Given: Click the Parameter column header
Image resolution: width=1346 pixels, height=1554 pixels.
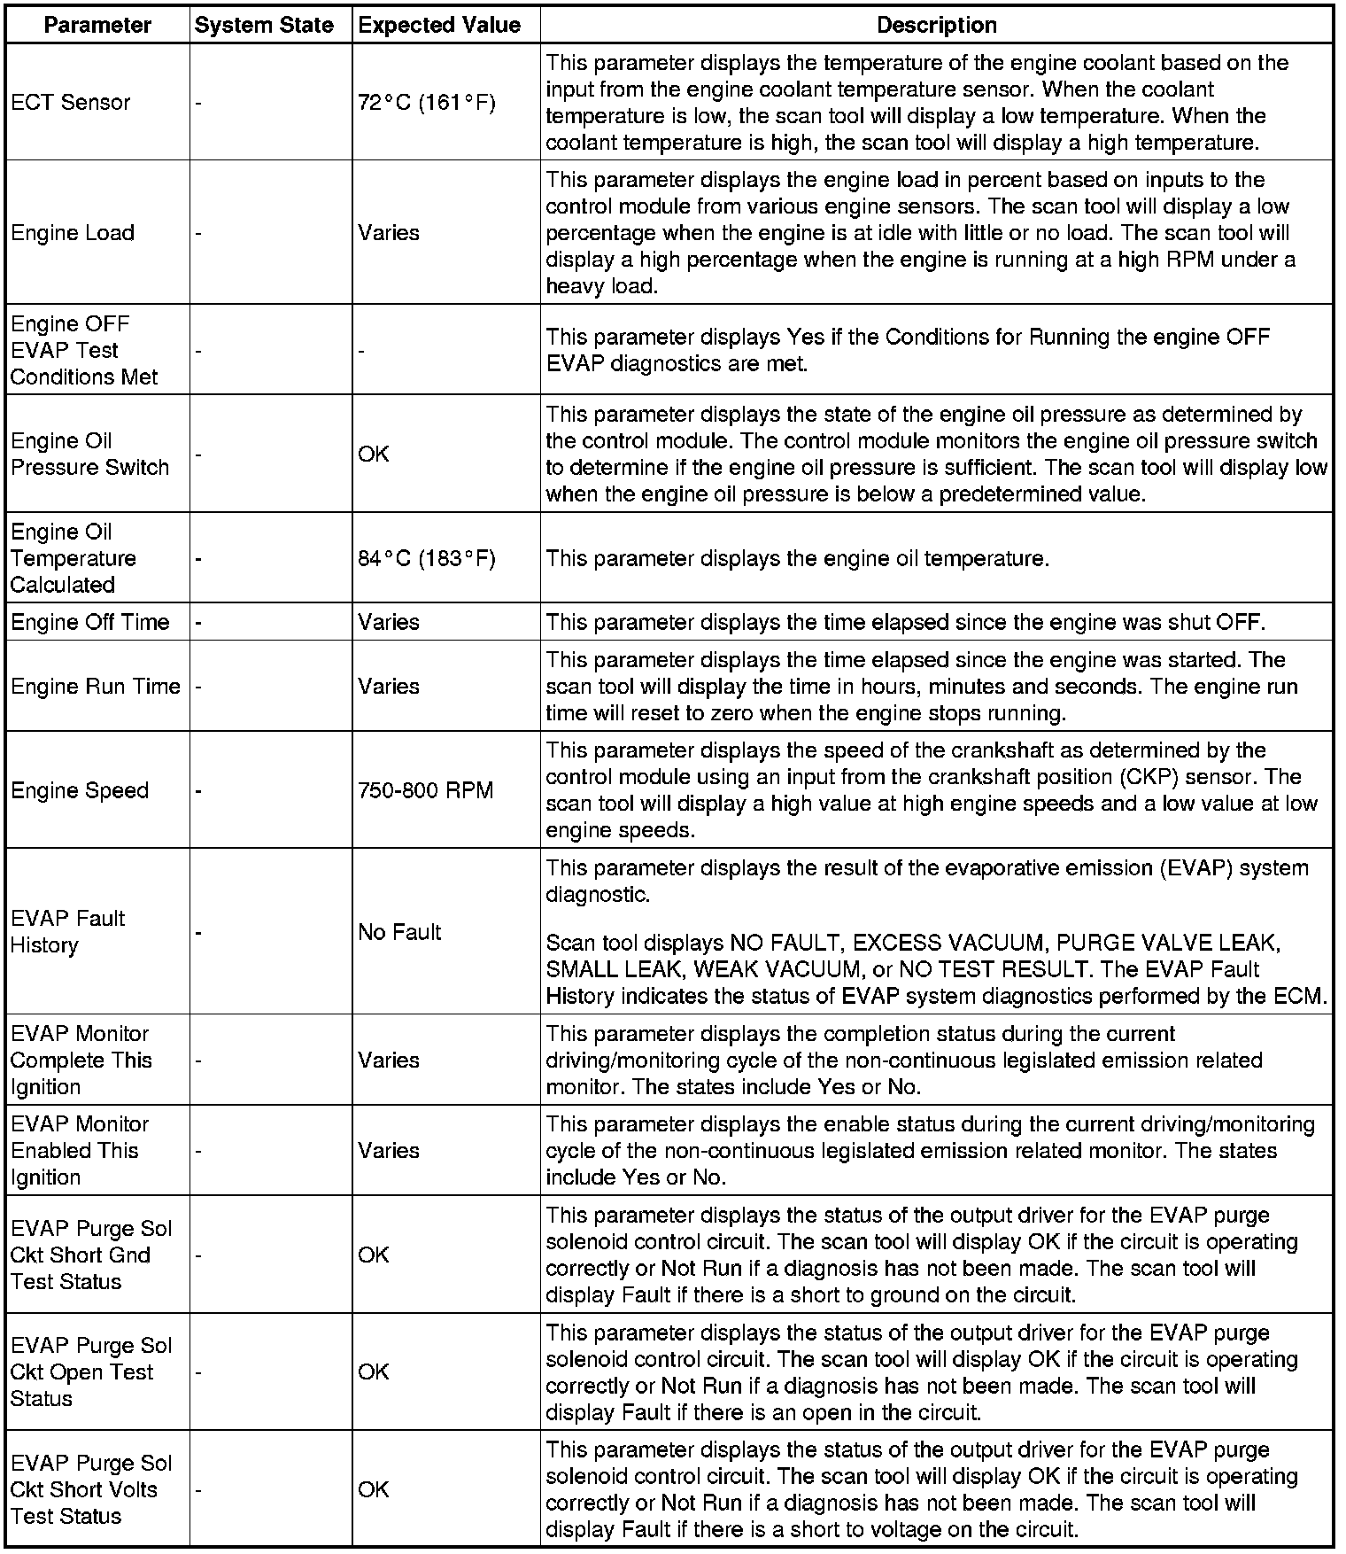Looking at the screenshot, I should tap(97, 26).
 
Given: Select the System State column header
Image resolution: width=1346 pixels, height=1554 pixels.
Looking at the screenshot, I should tap(264, 26).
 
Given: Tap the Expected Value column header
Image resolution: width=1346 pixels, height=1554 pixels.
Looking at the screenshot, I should tap(439, 26).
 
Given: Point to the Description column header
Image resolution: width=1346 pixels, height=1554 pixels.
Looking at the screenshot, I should tap(936, 26).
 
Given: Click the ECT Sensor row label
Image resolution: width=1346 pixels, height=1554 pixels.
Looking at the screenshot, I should tap(71, 103).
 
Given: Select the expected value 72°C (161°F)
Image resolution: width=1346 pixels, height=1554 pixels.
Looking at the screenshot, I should tap(427, 103).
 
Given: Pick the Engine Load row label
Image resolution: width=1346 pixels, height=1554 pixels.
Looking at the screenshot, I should tap(73, 233).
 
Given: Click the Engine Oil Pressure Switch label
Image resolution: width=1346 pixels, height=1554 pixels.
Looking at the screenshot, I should tap(89, 455).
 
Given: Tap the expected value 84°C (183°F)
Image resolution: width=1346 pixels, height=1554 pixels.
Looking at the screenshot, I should tap(427, 559).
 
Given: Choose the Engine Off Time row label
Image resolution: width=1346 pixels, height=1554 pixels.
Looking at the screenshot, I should tap(89, 623).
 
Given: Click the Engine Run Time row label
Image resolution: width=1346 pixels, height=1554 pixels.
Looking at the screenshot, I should tap(96, 687).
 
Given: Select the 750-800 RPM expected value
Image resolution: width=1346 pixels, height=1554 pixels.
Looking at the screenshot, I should tap(426, 790).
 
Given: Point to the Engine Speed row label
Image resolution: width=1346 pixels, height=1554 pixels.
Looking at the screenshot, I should tap(80, 790).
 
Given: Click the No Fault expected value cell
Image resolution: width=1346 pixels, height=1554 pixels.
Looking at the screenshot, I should tap(399, 932).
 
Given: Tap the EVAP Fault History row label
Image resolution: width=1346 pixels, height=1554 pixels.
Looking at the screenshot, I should tap(67, 932).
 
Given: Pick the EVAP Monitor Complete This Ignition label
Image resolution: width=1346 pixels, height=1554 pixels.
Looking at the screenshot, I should tap(81, 1061).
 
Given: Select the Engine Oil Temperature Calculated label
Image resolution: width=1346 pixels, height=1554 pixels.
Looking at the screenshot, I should tap(73, 559).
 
